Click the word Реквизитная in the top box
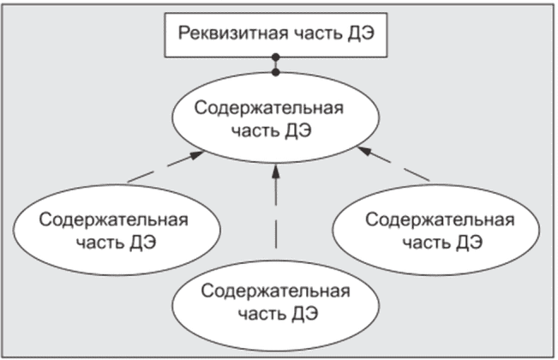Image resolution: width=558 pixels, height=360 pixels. tap(233, 33)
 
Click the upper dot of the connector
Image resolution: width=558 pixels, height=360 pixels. tap(275, 57)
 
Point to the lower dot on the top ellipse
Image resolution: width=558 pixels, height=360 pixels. tap(275, 73)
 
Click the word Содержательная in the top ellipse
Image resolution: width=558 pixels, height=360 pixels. tap(269, 108)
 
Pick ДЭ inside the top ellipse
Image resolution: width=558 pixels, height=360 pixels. tap(297, 131)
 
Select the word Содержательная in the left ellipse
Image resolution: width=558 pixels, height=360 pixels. tap(113, 219)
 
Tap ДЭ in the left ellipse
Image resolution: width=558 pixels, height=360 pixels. tap(142, 243)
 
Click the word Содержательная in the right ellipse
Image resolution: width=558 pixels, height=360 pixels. tap(440, 219)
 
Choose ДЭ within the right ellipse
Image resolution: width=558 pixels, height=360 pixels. tap(469, 243)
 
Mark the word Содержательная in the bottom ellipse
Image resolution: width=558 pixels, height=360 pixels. tap(275, 291)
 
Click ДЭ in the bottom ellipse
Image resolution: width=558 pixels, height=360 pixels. tap(304, 314)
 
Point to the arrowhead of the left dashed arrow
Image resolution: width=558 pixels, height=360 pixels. tap(196, 155)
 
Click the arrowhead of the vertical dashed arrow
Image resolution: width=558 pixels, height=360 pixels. tap(275, 171)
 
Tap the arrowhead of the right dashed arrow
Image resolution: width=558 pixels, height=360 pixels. tap(365, 151)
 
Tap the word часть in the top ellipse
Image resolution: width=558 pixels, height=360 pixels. tap(254, 131)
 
